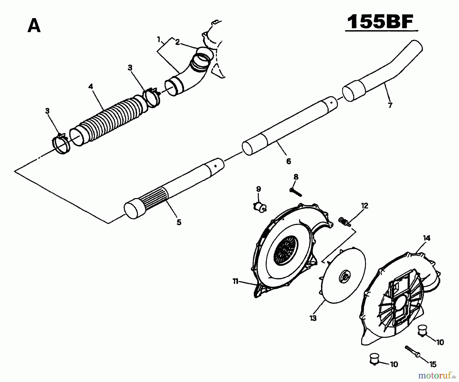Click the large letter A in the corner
coord(34,26)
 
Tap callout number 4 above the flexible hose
coord(91,86)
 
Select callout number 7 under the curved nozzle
coord(390,105)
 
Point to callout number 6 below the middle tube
coord(288,161)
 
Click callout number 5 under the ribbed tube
coord(179,222)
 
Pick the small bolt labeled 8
coord(296,192)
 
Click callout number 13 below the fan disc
coord(313,318)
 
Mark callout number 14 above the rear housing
coord(427,238)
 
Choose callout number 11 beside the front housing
coord(235,281)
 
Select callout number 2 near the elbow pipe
coord(177,42)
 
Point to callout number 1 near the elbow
coord(159,40)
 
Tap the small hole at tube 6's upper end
coord(331,103)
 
